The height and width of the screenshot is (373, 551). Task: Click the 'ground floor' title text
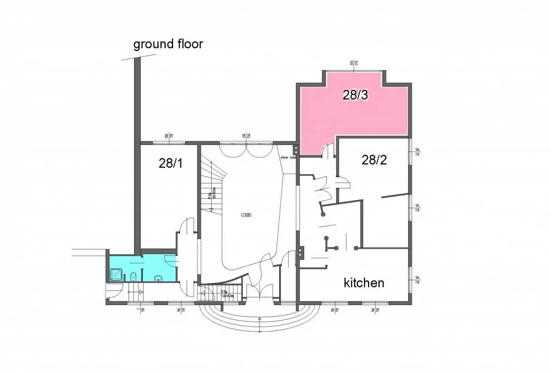168,45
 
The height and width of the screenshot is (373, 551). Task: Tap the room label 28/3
355,95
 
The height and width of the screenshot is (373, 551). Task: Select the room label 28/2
375,160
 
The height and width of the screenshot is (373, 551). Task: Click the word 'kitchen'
364,282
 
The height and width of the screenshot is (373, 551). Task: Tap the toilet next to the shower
133,276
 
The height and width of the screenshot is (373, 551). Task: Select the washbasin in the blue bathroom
158,278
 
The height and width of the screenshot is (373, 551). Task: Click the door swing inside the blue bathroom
171,260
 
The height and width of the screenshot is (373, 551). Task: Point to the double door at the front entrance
259,292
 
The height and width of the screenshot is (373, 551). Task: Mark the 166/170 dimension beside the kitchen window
417,280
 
